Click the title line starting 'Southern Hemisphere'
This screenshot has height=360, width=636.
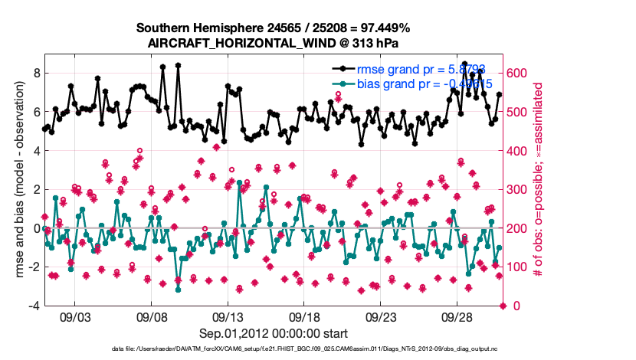pyautogui.click(x=274, y=28)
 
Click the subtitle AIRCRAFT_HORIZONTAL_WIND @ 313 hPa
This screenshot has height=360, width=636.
pyautogui.click(x=274, y=43)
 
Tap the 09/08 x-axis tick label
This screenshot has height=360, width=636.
pyautogui.click(x=151, y=316)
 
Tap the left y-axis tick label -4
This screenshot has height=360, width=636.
pyautogui.click(x=33, y=306)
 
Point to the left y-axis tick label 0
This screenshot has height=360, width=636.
pyautogui.click(x=35, y=228)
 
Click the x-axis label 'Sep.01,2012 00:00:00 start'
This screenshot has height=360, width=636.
pyautogui.click(x=274, y=333)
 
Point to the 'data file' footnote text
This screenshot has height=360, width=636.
pyautogui.click(x=274, y=349)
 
